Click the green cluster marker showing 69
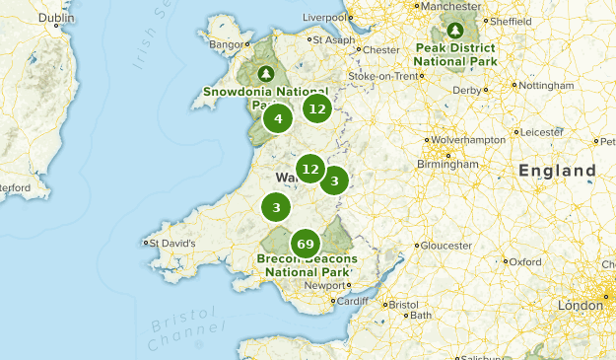point(305,244)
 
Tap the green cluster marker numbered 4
point(279,119)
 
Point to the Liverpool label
point(326,17)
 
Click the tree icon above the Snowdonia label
point(264,74)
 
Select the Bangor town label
point(224,43)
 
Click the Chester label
point(380,49)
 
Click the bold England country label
point(557,171)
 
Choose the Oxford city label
point(525,262)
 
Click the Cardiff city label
point(357,301)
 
